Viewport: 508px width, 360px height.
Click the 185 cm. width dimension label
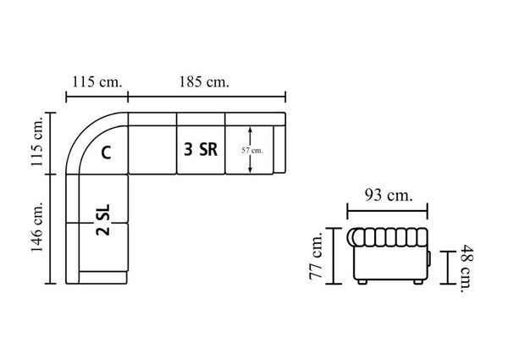204,81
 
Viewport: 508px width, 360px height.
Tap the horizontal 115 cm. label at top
97,81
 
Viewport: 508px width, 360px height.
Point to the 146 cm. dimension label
36,226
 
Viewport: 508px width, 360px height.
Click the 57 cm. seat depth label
252,150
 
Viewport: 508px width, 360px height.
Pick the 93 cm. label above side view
389,196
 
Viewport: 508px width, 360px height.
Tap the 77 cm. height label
316,256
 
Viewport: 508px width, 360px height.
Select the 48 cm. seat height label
467,269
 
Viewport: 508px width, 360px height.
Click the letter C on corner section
106,152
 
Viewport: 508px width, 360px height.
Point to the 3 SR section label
201,149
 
